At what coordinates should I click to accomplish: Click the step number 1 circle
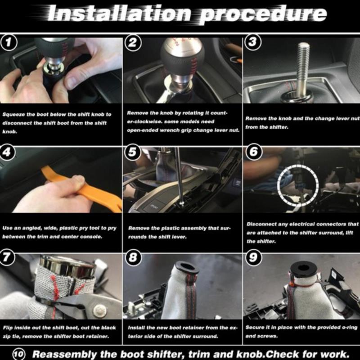8,42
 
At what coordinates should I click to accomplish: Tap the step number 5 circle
132,152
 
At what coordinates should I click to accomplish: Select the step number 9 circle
253,257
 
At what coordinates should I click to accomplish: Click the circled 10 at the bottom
19,354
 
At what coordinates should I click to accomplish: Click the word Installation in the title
119,13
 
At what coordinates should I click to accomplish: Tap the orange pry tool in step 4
83,187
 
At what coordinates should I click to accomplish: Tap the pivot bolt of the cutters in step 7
100,310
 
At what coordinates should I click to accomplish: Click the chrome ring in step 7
67,266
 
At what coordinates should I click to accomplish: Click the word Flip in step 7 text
7,328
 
